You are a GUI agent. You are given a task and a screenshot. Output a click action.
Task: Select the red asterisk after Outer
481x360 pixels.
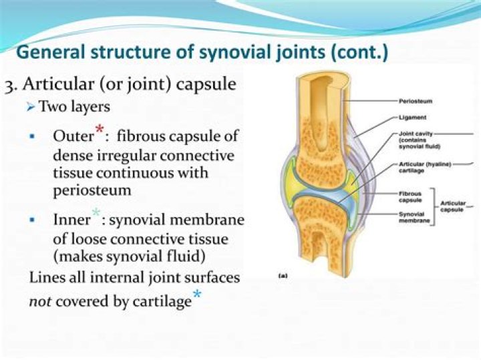pyautogui.click(x=100, y=130)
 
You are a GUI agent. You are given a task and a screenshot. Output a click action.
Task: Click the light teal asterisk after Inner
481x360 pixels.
pyautogui.click(x=96, y=214)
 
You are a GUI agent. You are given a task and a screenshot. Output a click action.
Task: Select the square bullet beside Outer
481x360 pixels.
pyautogui.click(x=32, y=136)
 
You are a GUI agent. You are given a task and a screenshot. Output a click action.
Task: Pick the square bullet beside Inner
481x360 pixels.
pyautogui.click(x=32, y=220)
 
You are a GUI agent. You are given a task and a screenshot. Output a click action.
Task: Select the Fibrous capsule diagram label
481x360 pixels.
pyautogui.click(x=410, y=196)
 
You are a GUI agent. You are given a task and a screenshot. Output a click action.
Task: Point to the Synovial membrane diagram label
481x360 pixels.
pyautogui.click(x=413, y=216)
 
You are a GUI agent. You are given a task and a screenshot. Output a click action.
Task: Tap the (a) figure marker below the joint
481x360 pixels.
pyautogui.click(x=283, y=275)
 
